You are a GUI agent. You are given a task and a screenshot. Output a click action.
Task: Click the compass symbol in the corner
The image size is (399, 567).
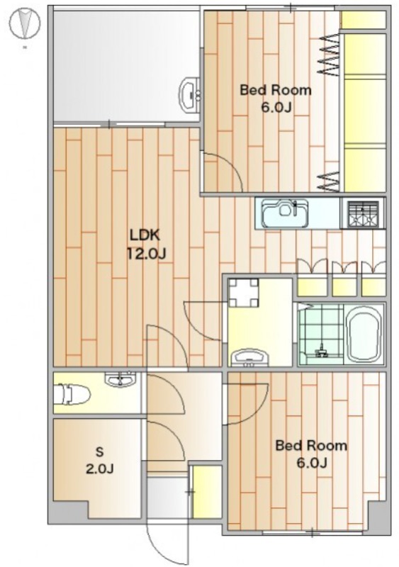tap(25, 24)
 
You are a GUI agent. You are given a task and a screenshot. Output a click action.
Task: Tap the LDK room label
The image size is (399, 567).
tap(145, 235)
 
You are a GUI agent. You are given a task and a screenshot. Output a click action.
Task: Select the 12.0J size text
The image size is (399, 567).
tap(146, 254)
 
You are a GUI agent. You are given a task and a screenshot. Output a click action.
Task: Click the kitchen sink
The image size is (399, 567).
tap(286, 214)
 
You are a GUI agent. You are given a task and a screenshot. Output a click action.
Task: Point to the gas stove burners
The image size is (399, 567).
tap(363, 215)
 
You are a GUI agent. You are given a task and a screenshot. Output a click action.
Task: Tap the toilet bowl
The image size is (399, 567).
tap(72, 395)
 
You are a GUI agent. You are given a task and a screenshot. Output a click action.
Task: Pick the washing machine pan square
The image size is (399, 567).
tap(245, 293)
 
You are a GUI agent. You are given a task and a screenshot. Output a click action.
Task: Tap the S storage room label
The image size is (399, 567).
tap(99, 451)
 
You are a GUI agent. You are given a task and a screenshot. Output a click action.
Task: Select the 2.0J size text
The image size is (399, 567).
tap(99, 469)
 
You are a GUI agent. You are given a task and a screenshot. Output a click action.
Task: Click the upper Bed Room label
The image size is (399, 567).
tap(276, 90)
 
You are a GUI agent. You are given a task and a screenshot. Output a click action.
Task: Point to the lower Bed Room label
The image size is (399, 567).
tap(311, 445)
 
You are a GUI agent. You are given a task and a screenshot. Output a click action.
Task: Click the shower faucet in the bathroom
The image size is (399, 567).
tap(320, 352)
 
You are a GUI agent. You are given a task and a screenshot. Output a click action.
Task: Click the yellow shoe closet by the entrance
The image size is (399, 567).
tap(207, 492)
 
